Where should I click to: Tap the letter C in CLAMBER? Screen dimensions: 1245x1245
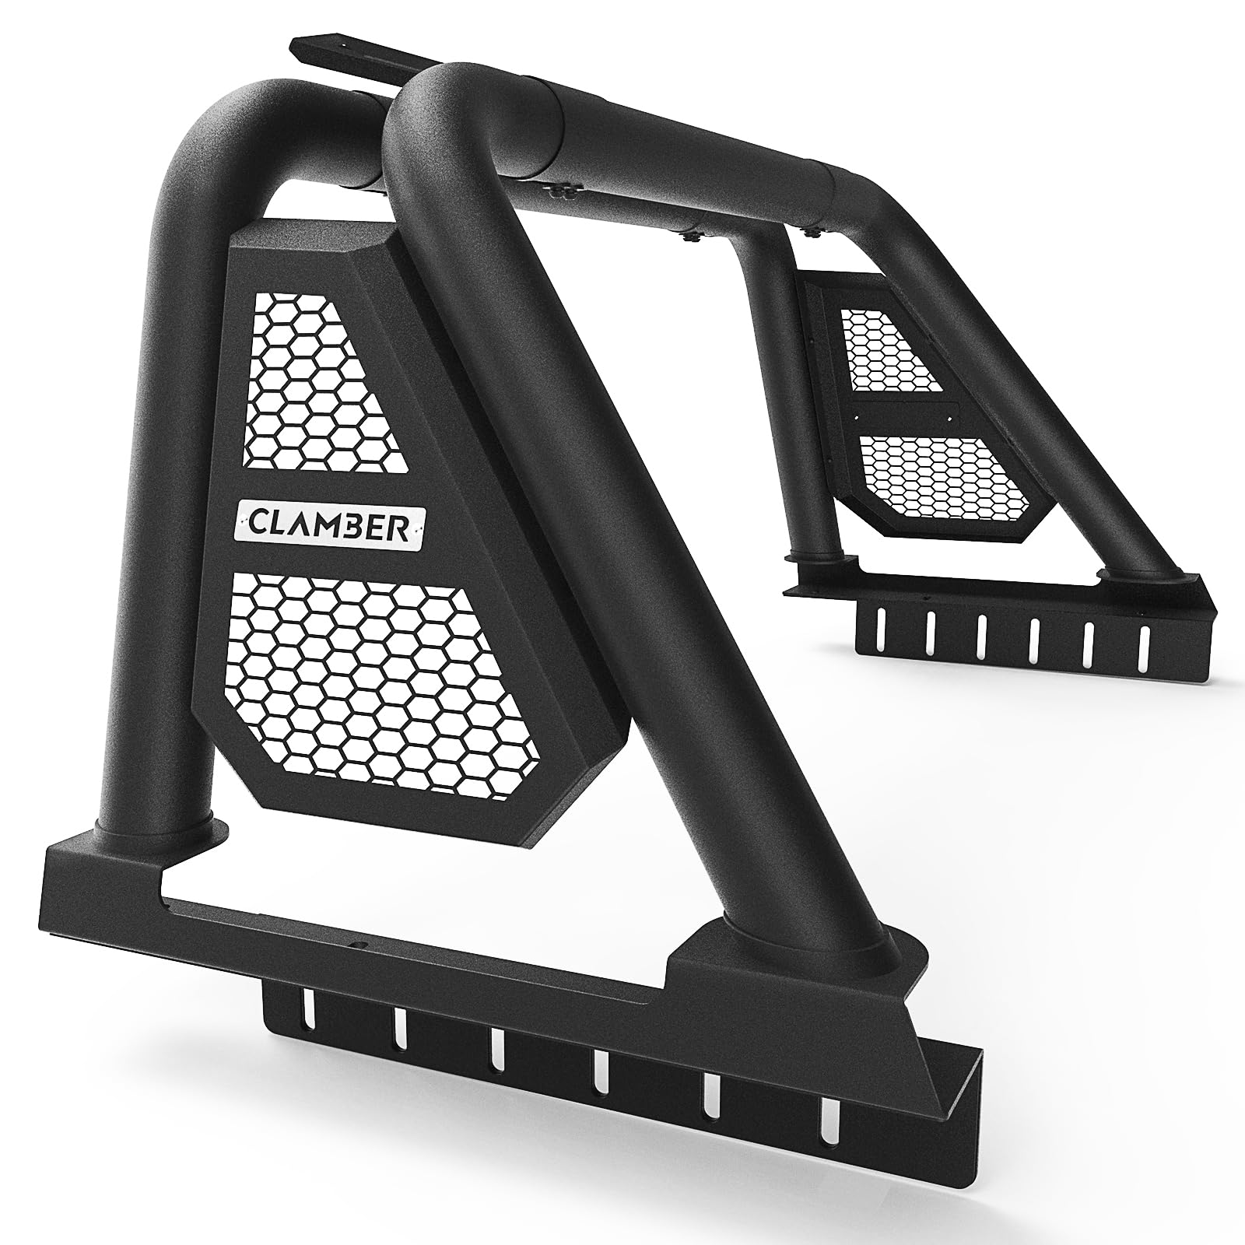point(257,517)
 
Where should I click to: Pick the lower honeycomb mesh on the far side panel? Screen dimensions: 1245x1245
point(945,475)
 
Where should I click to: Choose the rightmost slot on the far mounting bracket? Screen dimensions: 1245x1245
point(1143,642)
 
